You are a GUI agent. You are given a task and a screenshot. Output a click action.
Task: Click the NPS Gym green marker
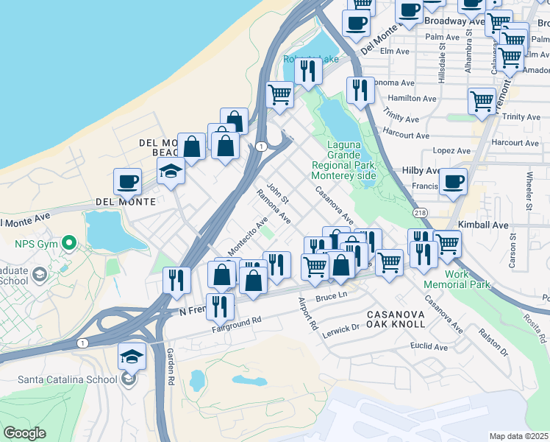(x=68, y=242)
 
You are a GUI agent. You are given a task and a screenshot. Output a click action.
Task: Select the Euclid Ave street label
(x=429, y=346)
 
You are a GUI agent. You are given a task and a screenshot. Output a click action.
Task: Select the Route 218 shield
(x=420, y=213)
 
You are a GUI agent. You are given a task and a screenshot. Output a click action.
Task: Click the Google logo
(x=24, y=433)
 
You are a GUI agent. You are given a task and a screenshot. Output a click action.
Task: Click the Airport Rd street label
(x=307, y=313)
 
